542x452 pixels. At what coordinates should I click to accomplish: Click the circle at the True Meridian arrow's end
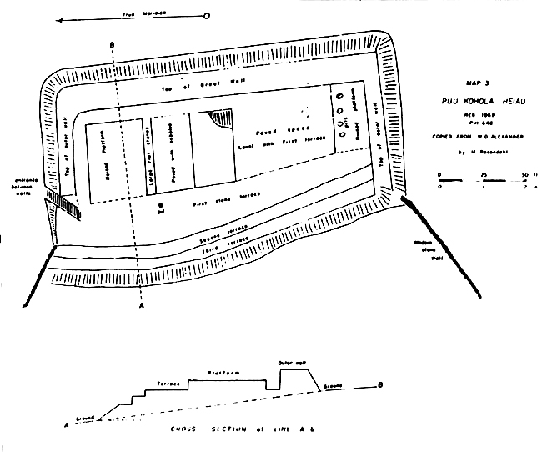tap(207, 15)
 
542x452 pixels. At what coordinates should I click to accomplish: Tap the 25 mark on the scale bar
tap(485, 174)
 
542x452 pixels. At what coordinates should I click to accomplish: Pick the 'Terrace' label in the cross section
tap(170, 384)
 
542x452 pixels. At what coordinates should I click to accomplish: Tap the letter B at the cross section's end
tap(380, 384)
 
